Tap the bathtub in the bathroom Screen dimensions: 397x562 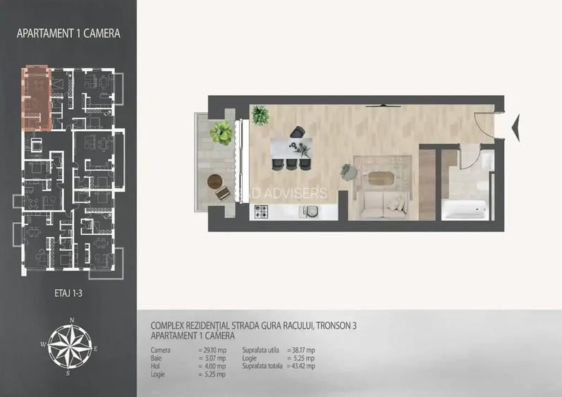point(464,209)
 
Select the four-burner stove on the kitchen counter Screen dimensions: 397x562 point(262,211)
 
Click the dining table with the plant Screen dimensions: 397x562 point(291,148)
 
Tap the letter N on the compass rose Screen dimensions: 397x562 point(71,320)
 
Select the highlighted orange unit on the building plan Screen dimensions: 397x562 point(37,99)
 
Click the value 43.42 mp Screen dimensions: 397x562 point(301,366)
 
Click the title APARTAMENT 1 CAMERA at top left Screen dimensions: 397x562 point(68,33)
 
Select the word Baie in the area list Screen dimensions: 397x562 point(157,358)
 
